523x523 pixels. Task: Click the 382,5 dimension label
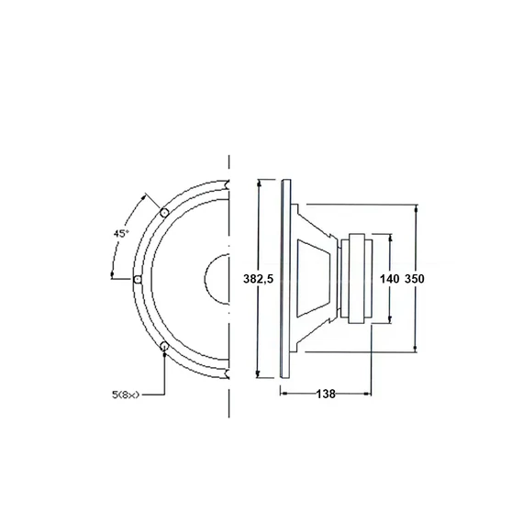258,279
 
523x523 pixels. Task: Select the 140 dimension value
389,279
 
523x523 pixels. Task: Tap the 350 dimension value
414,279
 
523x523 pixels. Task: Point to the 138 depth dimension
326,394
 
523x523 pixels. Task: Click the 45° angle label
121,233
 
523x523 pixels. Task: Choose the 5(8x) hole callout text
126,395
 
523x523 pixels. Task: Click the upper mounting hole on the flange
163,212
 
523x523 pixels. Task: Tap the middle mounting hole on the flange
137,279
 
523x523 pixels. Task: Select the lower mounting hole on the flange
164,347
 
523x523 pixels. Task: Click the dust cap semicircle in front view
205,279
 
